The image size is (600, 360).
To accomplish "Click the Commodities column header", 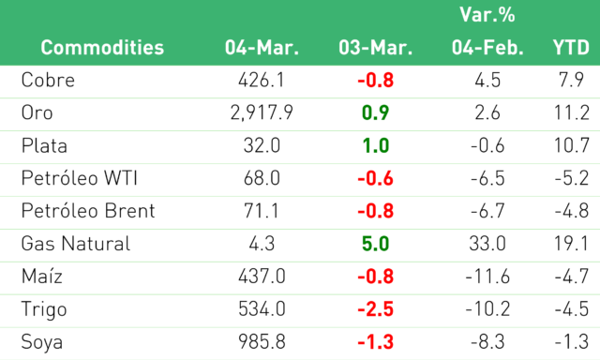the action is click(102, 48).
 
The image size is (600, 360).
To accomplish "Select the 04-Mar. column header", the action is click(262, 48).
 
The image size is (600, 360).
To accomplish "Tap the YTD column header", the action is click(571, 48).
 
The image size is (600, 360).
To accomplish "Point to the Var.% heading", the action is click(487, 15).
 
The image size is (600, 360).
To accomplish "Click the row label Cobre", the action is click(48, 81).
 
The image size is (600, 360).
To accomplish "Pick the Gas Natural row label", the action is click(76, 244).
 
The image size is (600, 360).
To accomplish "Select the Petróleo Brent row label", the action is click(88, 211).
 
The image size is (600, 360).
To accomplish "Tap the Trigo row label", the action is click(44, 309).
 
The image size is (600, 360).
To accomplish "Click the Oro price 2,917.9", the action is click(262, 113).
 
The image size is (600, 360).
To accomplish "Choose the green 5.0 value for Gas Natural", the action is click(375, 244).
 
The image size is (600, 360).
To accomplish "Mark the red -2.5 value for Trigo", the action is click(375, 309).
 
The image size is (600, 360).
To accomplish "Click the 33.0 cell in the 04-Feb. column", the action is click(487, 244).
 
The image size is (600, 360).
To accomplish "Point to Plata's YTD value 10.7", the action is click(572, 145).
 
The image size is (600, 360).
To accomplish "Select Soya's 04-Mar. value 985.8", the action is click(262, 342).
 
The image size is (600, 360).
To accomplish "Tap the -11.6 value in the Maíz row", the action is click(487, 277).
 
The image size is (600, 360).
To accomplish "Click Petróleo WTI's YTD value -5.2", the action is click(572, 178).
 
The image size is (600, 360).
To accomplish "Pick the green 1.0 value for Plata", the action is click(375, 145).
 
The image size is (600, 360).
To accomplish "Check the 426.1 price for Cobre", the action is click(262, 81).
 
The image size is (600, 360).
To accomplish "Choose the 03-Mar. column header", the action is click(375, 48).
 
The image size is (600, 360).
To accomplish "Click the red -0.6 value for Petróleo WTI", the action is click(375, 178).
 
